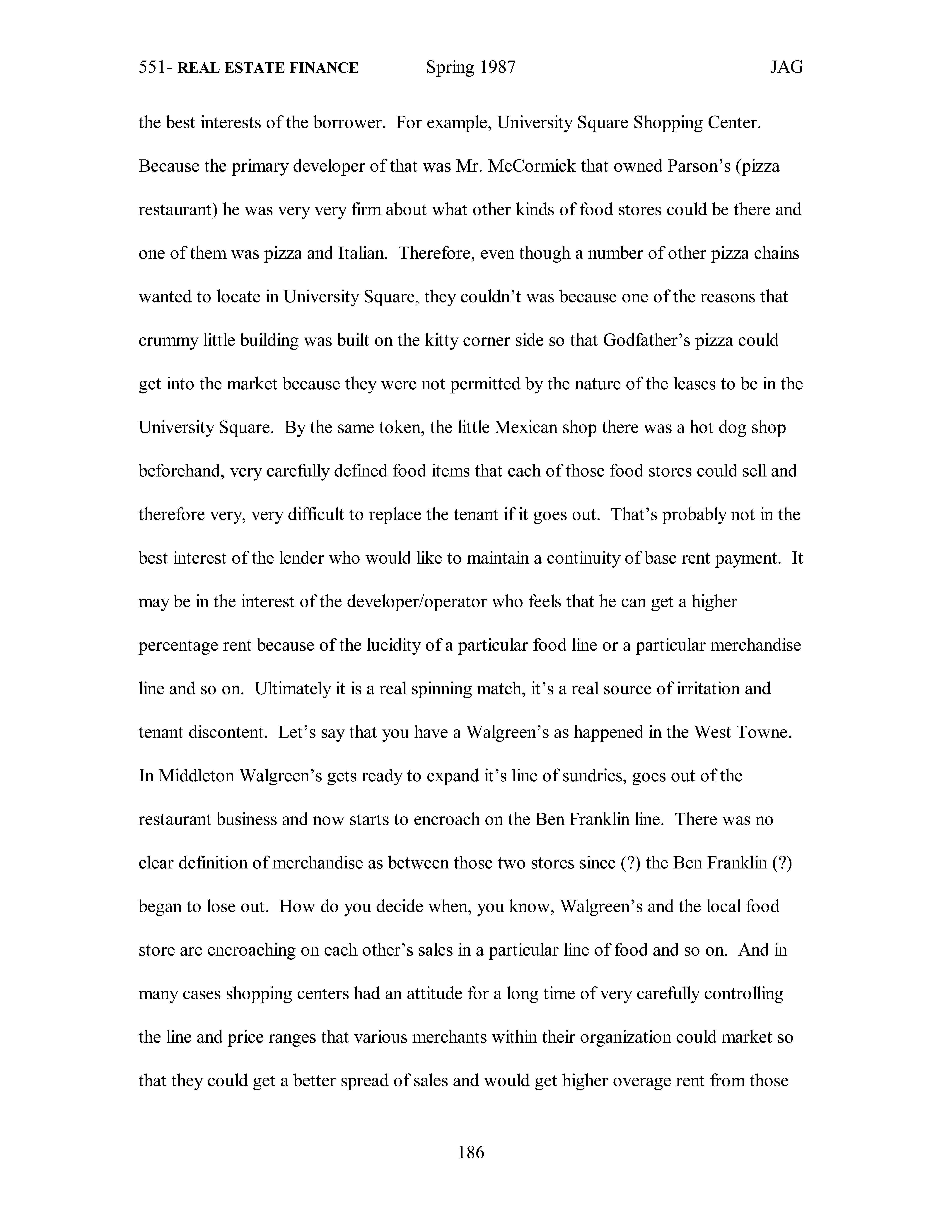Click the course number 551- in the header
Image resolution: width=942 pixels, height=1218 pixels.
156,68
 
